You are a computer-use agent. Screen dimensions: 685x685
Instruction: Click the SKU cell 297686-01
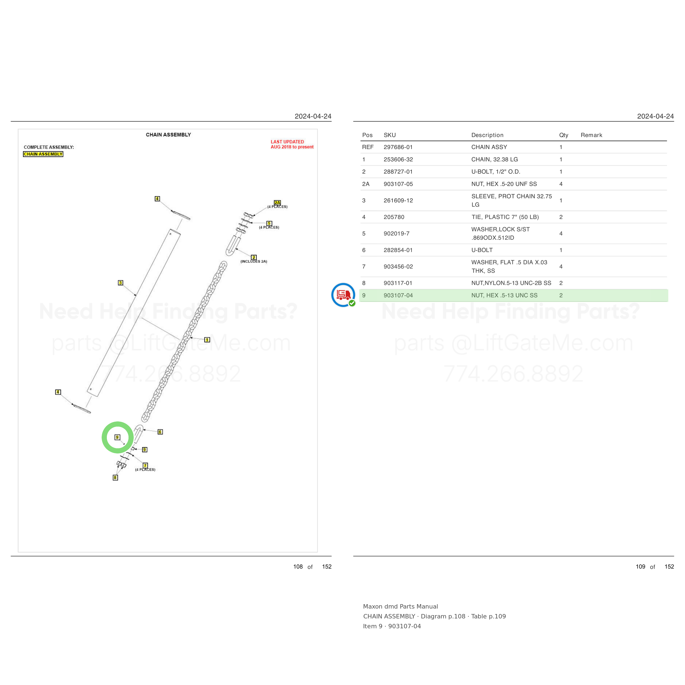[x=398, y=147]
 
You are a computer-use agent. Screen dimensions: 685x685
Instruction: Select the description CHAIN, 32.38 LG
[x=494, y=159]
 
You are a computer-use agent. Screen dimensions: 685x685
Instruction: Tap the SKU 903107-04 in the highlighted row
[x=398, y=295]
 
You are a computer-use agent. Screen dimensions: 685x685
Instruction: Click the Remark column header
[x=591, y=135]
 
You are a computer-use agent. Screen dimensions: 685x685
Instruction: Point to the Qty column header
[x=563, y=135]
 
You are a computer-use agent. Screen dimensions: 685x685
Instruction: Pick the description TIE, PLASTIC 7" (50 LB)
[x=505, y=217]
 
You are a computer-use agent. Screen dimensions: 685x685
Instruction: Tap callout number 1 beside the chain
[x=207, y=340]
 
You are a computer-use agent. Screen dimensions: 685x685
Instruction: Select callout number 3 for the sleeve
[x=121, y=282]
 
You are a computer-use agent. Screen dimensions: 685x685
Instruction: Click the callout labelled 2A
[x=277, y=202]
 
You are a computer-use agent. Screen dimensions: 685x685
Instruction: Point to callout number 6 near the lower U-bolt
[x=160, y=432]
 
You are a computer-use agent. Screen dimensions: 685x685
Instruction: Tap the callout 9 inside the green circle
[x=117, y=437]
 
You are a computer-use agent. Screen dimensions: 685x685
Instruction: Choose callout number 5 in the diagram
[x=269, y=223]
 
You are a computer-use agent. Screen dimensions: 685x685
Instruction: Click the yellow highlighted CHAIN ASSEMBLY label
[x=43, y=154]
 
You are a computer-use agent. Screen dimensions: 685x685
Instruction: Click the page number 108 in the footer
[x=298, y=567]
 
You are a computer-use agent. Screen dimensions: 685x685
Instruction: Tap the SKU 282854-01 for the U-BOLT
[x=398, y=250]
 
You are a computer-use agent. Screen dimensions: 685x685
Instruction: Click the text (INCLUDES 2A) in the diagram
[x=254, y=261]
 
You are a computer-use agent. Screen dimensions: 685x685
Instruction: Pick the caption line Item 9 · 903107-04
[x=392, y=626]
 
